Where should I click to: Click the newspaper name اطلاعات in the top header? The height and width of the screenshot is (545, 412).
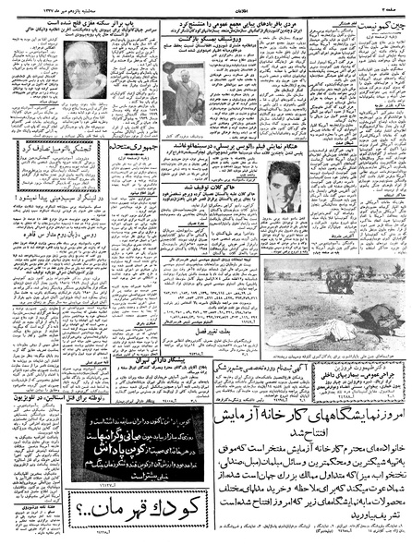pos(205,6)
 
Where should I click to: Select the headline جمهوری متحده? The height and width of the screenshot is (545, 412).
pos(115,169)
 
